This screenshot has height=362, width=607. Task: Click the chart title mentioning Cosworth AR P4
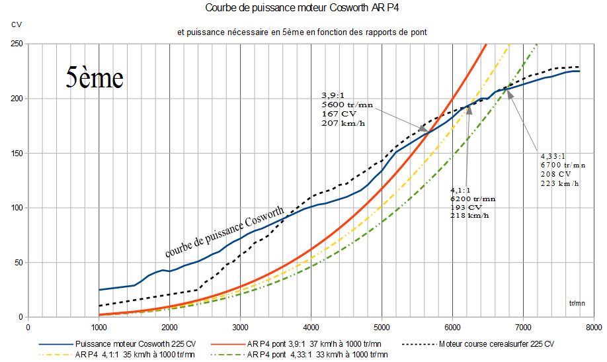pos(304,9)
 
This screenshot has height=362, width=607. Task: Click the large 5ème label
pos(95,77)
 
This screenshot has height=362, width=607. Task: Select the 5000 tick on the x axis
pos(382,327)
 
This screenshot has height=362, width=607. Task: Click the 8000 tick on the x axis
pos(594,327)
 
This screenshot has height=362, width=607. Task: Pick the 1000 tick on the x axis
pos(99,327)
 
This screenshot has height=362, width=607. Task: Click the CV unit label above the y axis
pos(16,24)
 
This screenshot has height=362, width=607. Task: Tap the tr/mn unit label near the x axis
pos(577,303)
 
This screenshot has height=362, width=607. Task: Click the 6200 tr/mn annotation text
pos(472,199)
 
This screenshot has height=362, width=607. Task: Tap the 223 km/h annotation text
pos(559,183)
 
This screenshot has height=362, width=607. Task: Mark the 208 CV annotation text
pos(554,173)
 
